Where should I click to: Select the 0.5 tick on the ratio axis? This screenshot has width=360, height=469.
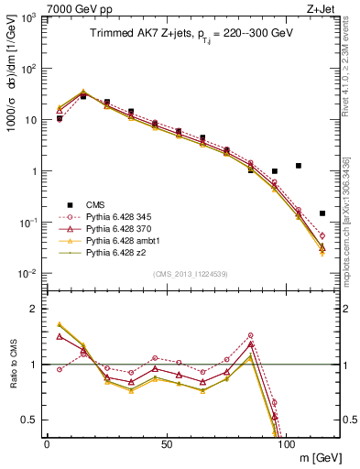33,420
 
